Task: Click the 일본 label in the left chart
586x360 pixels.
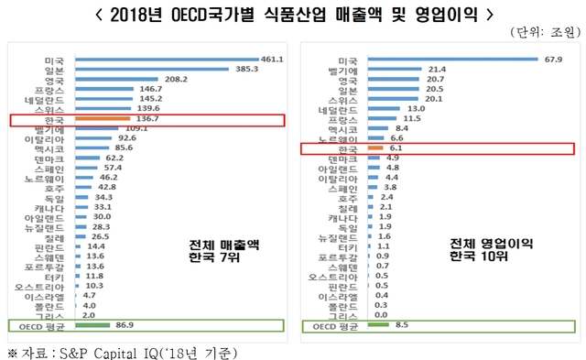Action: [53, 71]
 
